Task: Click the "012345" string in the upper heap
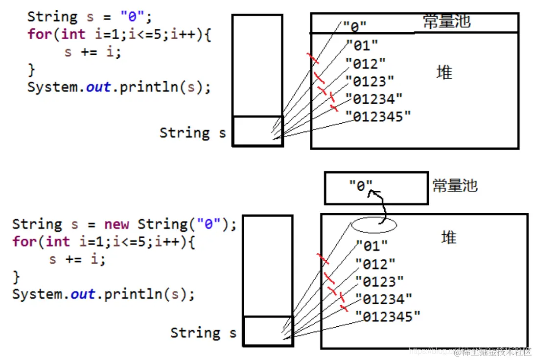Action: (378, 117)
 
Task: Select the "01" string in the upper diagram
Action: (362, 45)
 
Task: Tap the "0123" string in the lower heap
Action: (379, 282)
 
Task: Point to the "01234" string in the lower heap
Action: (384, 299)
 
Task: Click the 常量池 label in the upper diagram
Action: (446, 22)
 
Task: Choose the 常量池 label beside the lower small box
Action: (455, 186)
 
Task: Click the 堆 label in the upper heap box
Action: (444, 73)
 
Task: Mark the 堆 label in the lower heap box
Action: (448, 238)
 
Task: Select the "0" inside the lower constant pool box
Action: (361, 186)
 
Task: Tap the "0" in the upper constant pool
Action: (354, 26)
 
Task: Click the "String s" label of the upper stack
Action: (192, 133)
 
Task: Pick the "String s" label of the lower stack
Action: (203, 333)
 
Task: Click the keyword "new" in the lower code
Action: (116, 225)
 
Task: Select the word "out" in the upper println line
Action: (98, 87)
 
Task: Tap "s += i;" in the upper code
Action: (93, 52)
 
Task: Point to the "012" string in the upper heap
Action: (366, 64)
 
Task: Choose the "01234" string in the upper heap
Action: (373, 99)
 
